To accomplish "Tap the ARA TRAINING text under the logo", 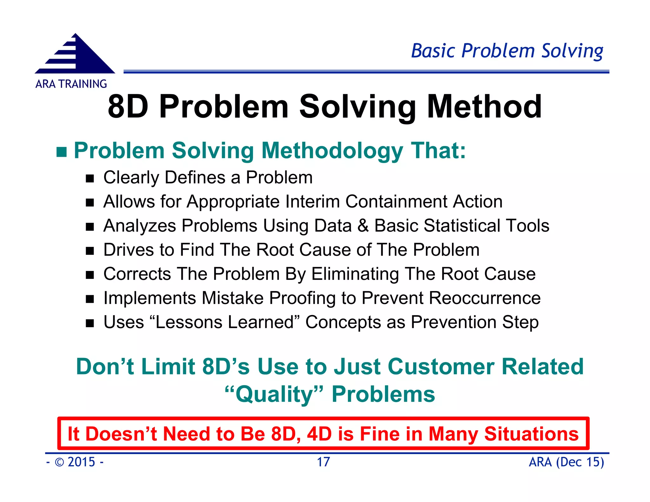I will (x=71, y=84).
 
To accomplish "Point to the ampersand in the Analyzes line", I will (x=363, y=226).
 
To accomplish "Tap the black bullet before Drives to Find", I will (x=90, y=251).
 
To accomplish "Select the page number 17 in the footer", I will (x=323, y=462).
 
